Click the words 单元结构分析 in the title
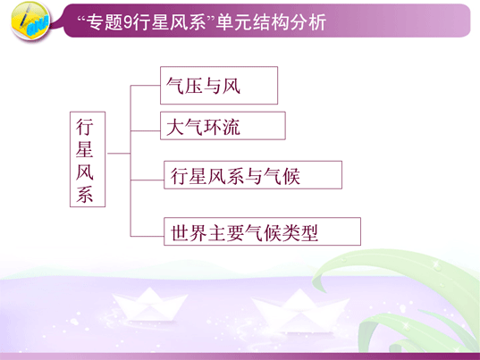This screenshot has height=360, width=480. (271, 22)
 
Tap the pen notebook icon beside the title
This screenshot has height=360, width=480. (30, 21)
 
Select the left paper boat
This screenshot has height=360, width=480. (149, 305)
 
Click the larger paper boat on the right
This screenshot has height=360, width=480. (300, 311)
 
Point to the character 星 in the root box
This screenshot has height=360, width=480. (85, 149)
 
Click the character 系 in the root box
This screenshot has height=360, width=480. (85, 194)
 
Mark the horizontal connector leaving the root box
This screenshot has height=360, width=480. (119, 153)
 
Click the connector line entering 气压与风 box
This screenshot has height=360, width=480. (146, 86)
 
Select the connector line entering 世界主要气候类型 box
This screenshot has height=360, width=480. (147, 236)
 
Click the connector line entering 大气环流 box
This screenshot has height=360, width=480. (146, 130)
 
